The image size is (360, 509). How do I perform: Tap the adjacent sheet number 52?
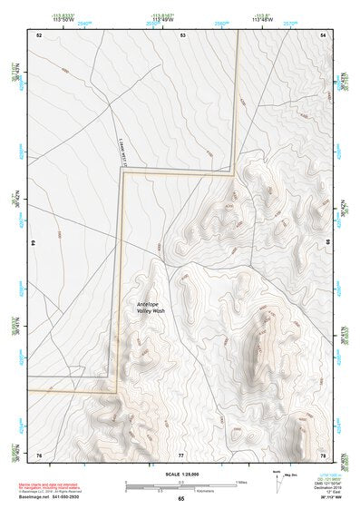point(39,34)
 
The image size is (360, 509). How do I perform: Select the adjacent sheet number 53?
point(182,34)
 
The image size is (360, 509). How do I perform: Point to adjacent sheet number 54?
point(324,34)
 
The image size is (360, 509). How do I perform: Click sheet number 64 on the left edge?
point(34,243)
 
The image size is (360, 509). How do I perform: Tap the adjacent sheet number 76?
point(39,454)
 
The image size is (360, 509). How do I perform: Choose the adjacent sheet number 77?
point(181,454)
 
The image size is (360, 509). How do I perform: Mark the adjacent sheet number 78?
point(324,454)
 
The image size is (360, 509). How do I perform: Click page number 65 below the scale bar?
point(180,499)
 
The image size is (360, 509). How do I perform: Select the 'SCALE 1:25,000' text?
point(181,475)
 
